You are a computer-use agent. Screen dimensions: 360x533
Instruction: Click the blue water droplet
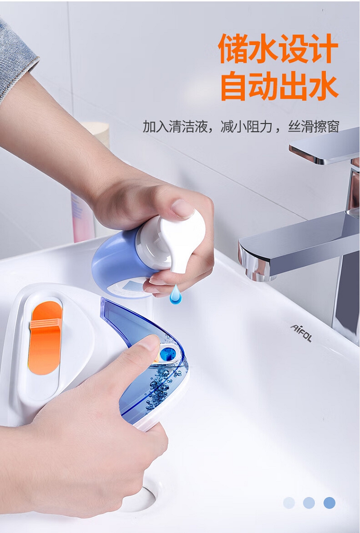pyautogui.click(x=175, y=295)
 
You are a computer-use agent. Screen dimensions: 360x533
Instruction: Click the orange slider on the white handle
pyautogui.click(x=45, y=338)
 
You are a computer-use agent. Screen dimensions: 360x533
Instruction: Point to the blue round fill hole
pyautogui.click(x=167, y=354)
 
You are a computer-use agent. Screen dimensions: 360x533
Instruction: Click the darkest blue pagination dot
pyautogui.click(x=329, y=502)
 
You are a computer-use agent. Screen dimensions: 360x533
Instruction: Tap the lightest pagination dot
pyautogui.click(x=289, y=502)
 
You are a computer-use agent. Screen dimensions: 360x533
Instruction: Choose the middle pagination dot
pyautogui.click(x=309, y=502)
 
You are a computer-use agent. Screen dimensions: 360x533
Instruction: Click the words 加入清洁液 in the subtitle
pyautogui.click(x=175, y=126)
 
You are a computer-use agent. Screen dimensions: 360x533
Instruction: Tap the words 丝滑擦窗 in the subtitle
pyautogui.click(x=313, y=126)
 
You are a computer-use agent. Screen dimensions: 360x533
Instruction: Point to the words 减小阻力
pyautogui.click(x=246, y=126)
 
